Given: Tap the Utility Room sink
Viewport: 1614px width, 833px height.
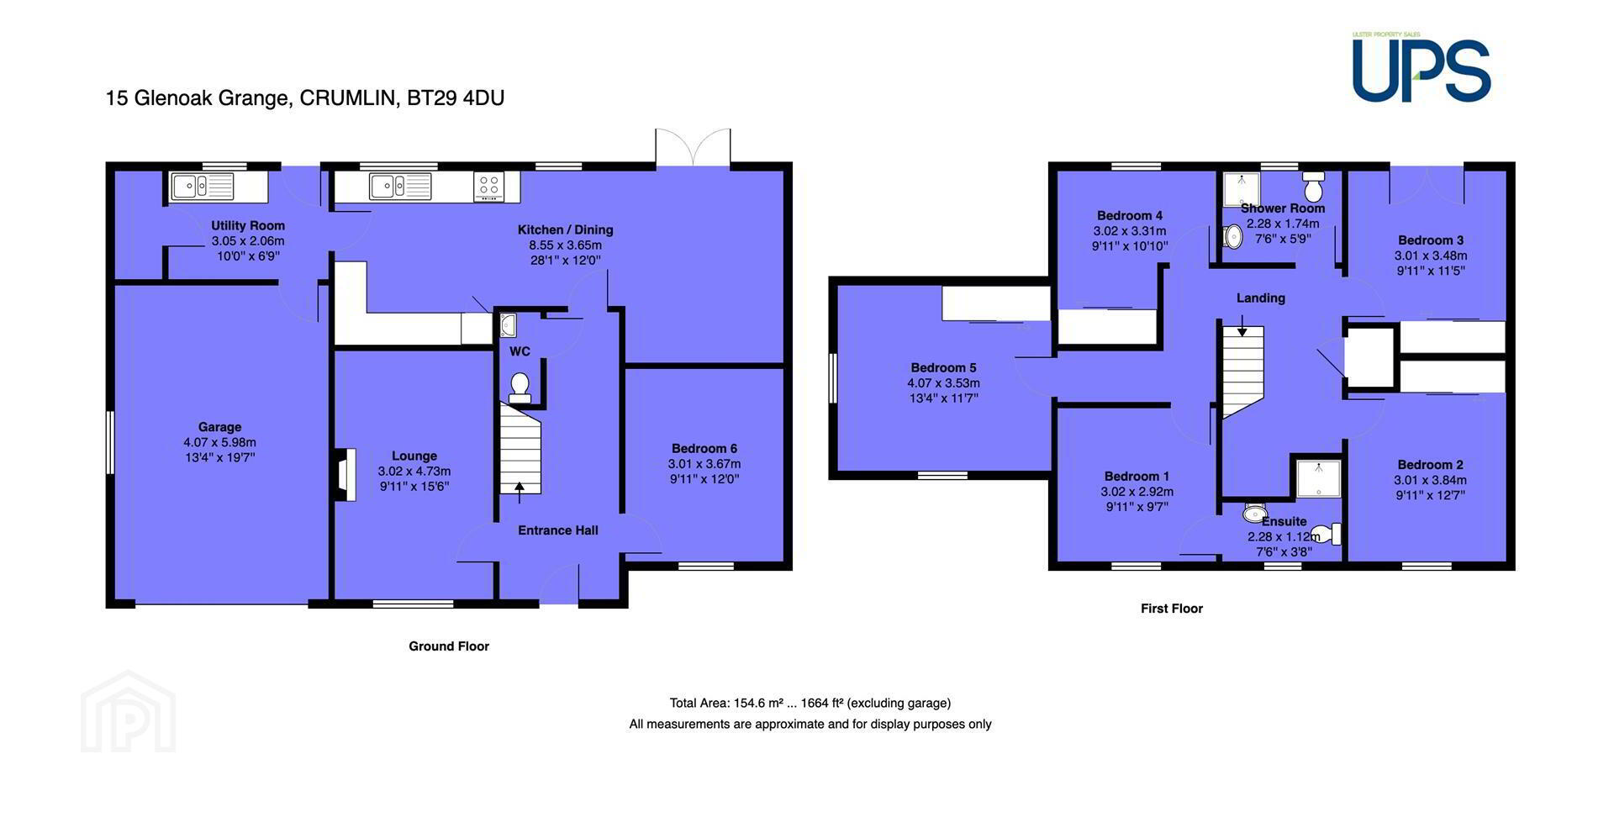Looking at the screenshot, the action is pyautogui.click(x=203, y=186).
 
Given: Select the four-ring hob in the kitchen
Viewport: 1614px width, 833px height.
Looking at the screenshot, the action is pyautogui.click(x=489, y=186).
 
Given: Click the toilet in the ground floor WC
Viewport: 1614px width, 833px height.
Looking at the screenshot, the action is pyautogui.click(x=520, y=388).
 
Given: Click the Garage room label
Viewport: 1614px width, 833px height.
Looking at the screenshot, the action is pyautogui.click(x=219, y=427).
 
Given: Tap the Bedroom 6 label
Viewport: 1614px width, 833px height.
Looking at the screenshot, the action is pyautogui.click(x=704, y=449).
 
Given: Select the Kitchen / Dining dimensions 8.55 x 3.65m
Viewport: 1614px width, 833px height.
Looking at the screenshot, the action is pyautogui.click(x=565, y=245).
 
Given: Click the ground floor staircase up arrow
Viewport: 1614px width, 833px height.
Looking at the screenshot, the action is pyautogui.click(x=519, y=493).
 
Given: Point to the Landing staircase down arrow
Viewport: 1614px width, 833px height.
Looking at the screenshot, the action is pyautogui.click(x=1242, y=325).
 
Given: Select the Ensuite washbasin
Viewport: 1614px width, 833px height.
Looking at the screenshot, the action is pyautogui.click(x=1255, y=512).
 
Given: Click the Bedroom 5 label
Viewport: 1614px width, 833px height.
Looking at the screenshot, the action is pyautogui.click(x=943, y=367).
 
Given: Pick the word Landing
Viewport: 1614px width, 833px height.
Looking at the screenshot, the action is pyautogui.click(x=1261, y=298).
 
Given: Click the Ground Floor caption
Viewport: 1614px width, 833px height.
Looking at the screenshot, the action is pyautogui.click(x=449, y=646).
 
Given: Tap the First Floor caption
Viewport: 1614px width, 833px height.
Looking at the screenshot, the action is pyautogui.click(x=1172, y=609).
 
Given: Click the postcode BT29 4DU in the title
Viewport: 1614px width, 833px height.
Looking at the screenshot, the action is pyautogui.click(x=456, y=98).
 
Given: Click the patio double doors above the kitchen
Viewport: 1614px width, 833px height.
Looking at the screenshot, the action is pyautogui.click(x=694, y=146).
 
